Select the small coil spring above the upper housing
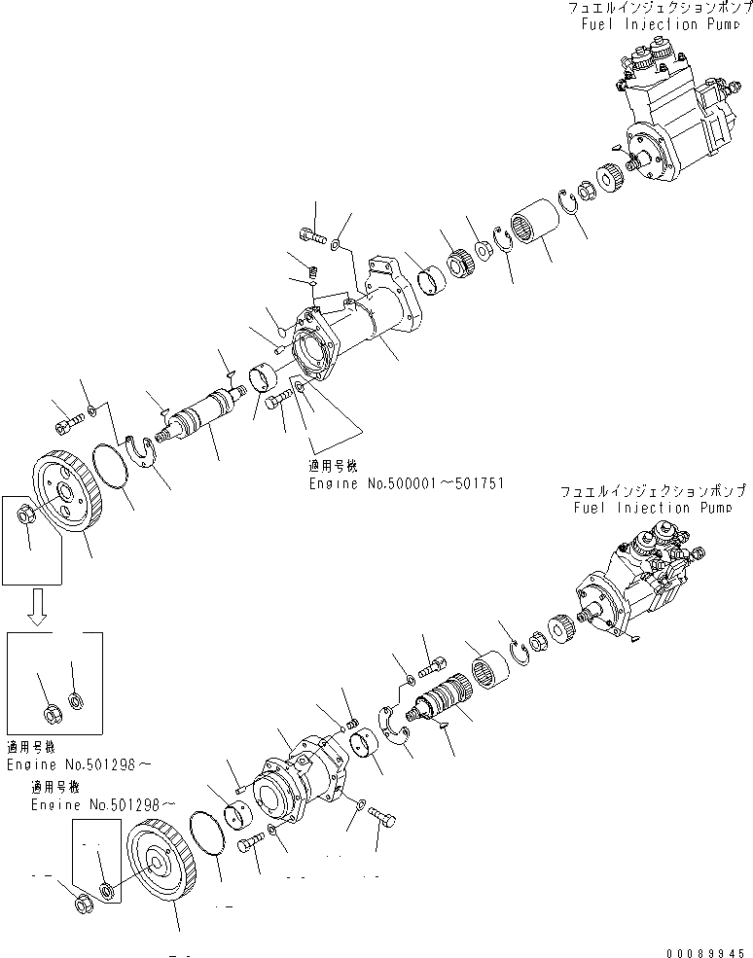click(313, 274)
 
